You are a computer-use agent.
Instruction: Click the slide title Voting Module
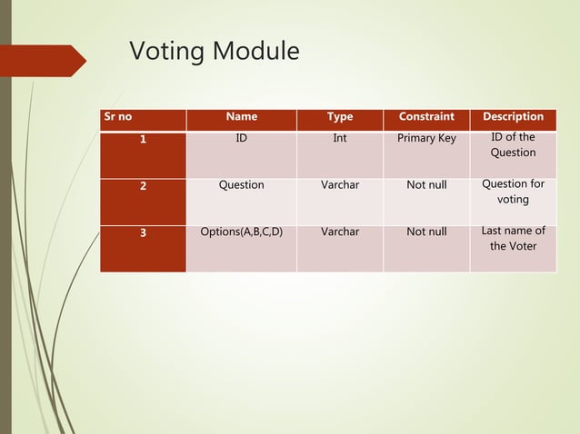pyautogui.click(x=214, y=52)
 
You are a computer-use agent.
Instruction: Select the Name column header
pyautogui.click(x=241, y=117)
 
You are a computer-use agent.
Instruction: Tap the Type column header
pyautogui.click(x=340, y=117)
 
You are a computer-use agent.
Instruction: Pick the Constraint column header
pyautogui.click(x=426, y=117)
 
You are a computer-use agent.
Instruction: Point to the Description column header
pyautogui.click(x=513, y=117)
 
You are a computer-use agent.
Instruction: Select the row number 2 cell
pyautogui.click(x=143, y=185)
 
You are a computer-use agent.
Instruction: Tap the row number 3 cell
pyautogui.click(x=143, y=232)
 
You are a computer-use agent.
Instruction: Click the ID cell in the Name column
pyautogui.click(x=241, y=139)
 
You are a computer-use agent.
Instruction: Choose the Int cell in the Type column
pyautogui.click(x=340, y=139)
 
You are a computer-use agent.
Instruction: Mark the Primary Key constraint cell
pyautogui.click(x=426, y=139)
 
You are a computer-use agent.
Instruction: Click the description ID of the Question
pyautogui.click(x=513, y=145)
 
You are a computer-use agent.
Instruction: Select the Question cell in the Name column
pyautogui.click(x=241, y=185)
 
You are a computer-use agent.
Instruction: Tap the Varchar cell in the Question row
pyautogui.click(x=340, y=185)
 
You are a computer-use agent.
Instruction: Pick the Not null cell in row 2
pyautogui.click(x=426, y=185)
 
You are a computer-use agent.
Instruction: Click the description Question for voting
pyautogui.click(x=513, y=192)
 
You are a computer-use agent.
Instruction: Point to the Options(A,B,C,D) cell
pyautogui.click(x=241, y=232)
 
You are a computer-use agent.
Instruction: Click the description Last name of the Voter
pyautogui.click(x=513, y=239)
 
